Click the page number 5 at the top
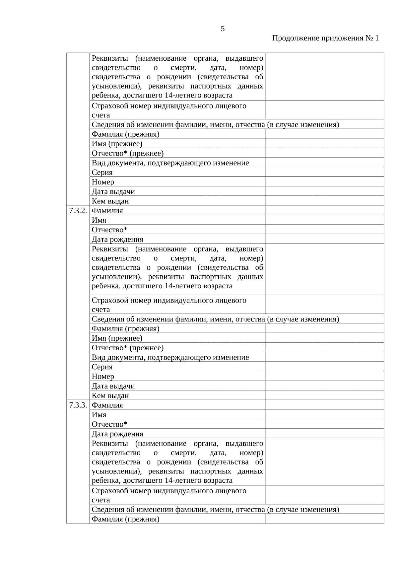click(223, 29)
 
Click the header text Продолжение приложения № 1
click(325, 38)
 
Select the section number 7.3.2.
click(78, 211)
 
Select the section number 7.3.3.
click(78, 405)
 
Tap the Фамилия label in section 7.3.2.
click(107, 211)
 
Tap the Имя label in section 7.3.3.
click(99, 415)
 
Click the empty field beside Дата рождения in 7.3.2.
click(324, 239)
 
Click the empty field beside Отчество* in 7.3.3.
click(324, 424)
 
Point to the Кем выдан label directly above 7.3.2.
click(110, 201)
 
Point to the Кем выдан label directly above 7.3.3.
click(110, 395)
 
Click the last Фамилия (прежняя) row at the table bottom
click(125, 519)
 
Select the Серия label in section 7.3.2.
click(102, 367)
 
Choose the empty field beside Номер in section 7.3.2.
click(324, 377)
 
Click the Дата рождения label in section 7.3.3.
click(117, 434)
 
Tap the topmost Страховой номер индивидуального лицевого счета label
click(169, 110)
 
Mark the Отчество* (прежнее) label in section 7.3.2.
click(128, 348)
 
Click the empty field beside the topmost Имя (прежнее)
click(324, 144)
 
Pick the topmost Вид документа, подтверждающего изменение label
click(170, 163)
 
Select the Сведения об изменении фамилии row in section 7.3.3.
click(215, 510)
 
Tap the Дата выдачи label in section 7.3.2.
click(113, 386)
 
